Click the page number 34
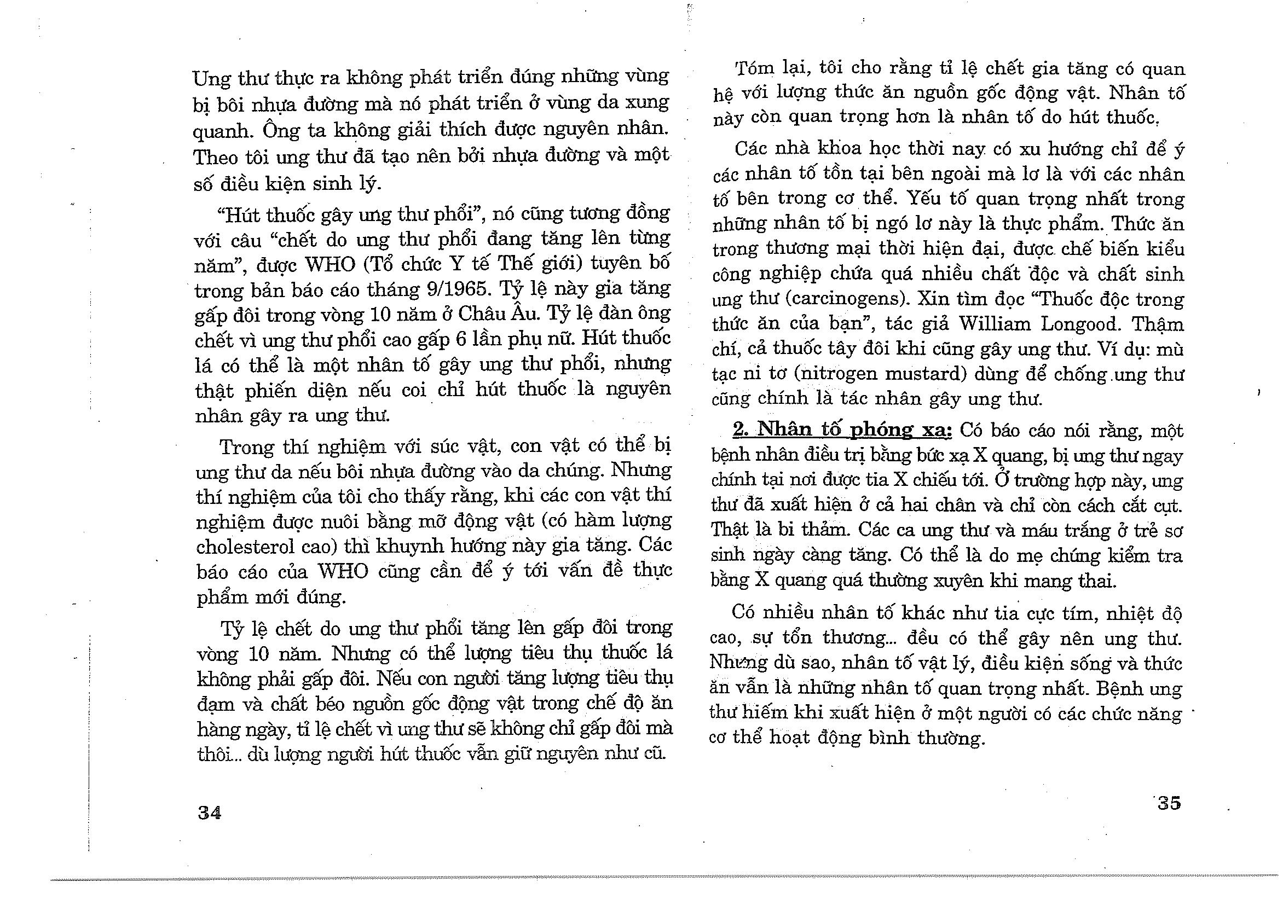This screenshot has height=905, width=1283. click(x=210, y=813)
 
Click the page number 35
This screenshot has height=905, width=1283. click(x=1169, y=803)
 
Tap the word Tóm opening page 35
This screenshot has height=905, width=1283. click(x=753, y=69)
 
